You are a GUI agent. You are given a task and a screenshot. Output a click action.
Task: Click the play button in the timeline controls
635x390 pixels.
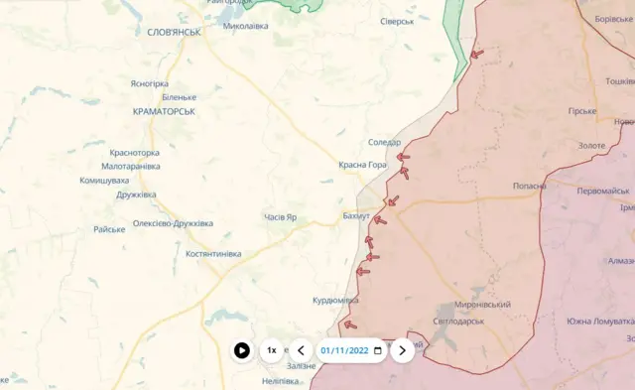coord(242,350)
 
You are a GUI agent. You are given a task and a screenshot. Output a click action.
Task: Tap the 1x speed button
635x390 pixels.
coord(272,350)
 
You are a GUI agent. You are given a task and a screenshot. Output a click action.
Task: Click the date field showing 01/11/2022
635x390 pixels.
coord(345,350)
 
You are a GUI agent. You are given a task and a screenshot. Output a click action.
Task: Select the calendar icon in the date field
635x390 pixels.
coord(377,350)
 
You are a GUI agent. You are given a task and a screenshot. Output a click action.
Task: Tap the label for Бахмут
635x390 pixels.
coord(355,216)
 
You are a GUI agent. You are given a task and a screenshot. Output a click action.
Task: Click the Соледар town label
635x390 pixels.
coord(384,143)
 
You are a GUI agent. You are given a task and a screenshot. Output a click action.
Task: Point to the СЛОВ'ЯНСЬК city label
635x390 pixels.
coord(174,32)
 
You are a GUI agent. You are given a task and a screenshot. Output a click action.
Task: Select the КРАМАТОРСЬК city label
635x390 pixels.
coord(164,111)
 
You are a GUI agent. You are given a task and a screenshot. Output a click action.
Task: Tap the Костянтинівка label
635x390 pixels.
coord(213,254)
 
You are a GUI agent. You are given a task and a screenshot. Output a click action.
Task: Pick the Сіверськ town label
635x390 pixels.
coord(397,21)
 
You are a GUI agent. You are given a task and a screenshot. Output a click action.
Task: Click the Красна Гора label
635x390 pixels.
coord(362,165)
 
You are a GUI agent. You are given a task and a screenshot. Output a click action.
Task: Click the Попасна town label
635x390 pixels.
coord(529,187)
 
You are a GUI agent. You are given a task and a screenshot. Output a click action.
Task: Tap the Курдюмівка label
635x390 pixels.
coord(335,300)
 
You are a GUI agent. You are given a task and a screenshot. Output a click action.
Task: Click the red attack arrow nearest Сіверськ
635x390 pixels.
coord(477,54)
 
